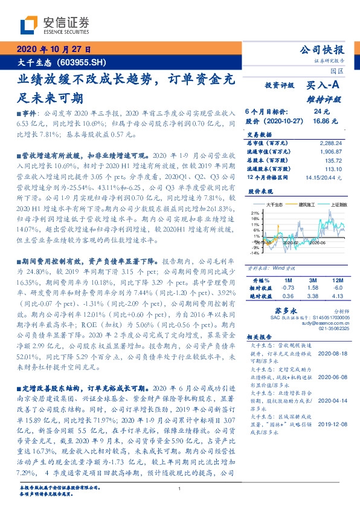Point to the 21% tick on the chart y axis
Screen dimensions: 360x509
pyautogui.click(x=256, y=213)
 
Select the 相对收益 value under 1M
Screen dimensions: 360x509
pyautogui.click(x=288, y=289)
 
